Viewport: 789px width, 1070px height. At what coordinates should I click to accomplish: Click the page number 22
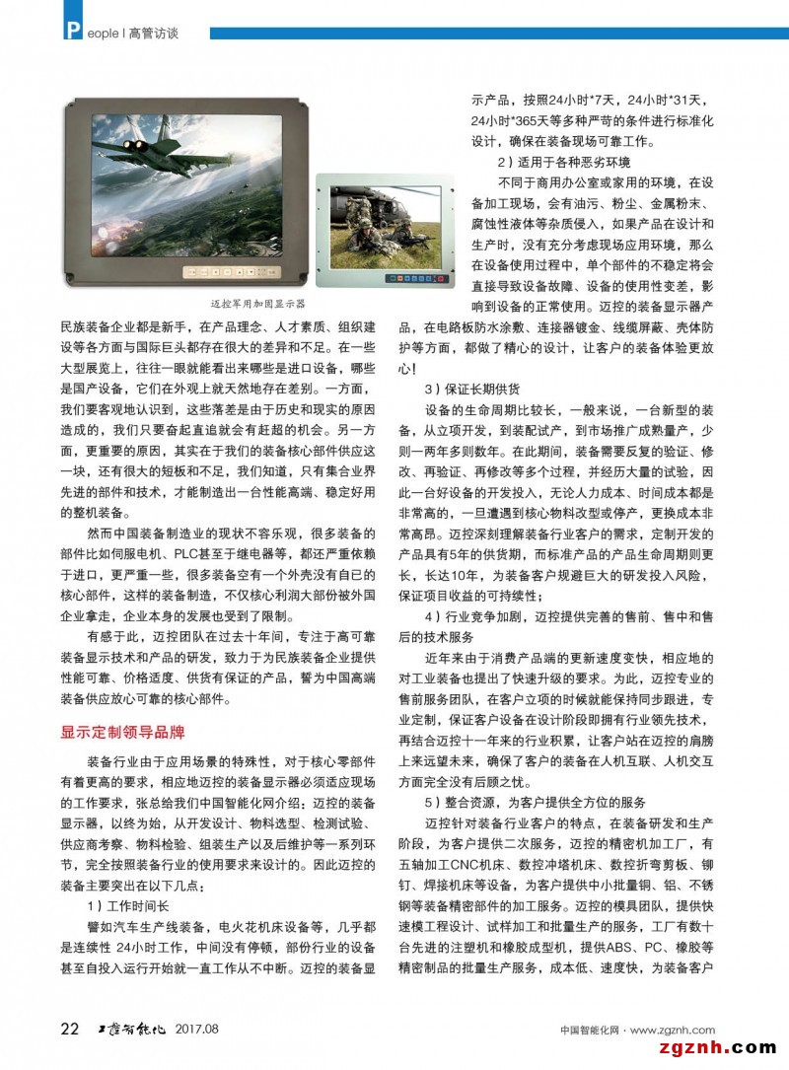click(70, 1029)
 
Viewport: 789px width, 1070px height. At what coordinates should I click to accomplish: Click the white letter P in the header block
click(72, 32)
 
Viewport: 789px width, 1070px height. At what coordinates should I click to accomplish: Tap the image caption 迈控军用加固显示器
click(259, 305)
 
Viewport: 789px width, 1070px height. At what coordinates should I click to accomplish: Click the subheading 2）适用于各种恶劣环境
click(563, 162)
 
